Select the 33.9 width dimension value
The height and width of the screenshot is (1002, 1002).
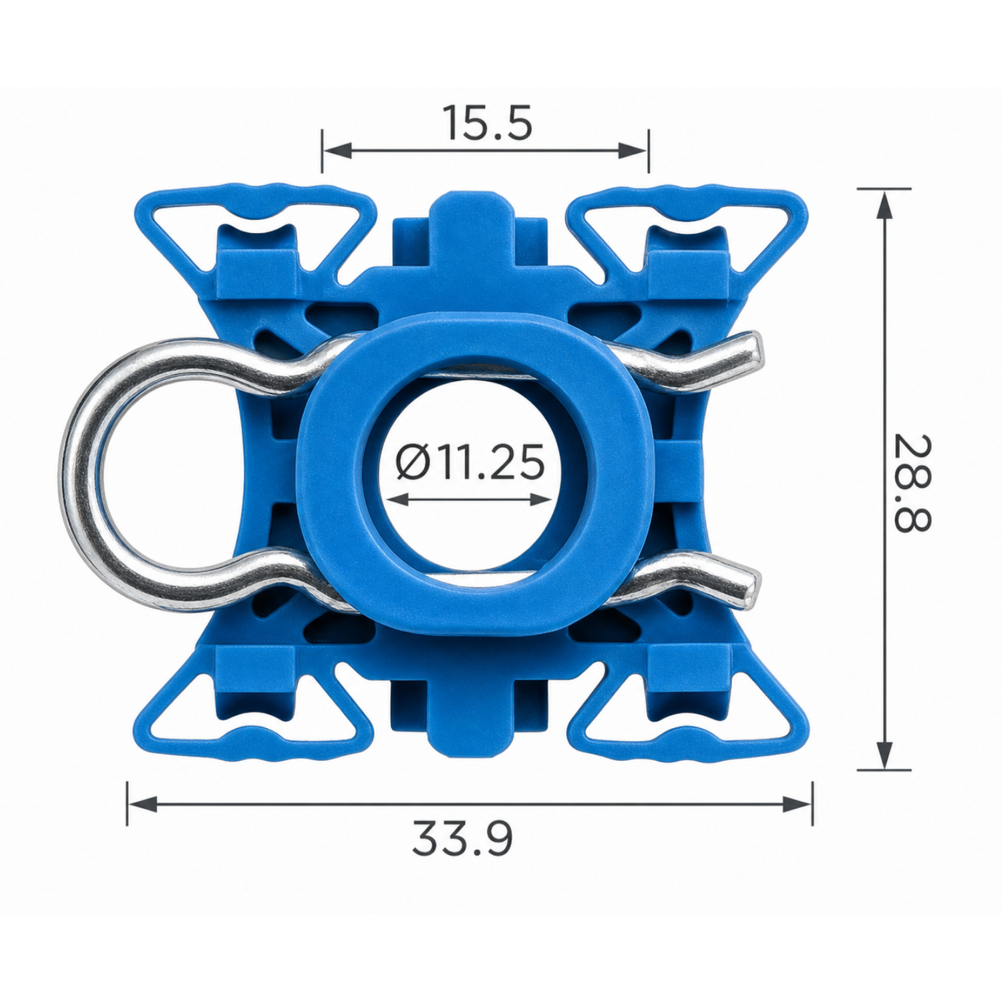[x=462, y=839]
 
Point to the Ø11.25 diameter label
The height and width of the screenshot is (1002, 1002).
[x=470, y=462]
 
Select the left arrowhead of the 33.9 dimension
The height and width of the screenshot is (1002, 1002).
[x=142, y=804]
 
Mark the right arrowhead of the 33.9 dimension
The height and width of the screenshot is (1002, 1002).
[x=798, y=804]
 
